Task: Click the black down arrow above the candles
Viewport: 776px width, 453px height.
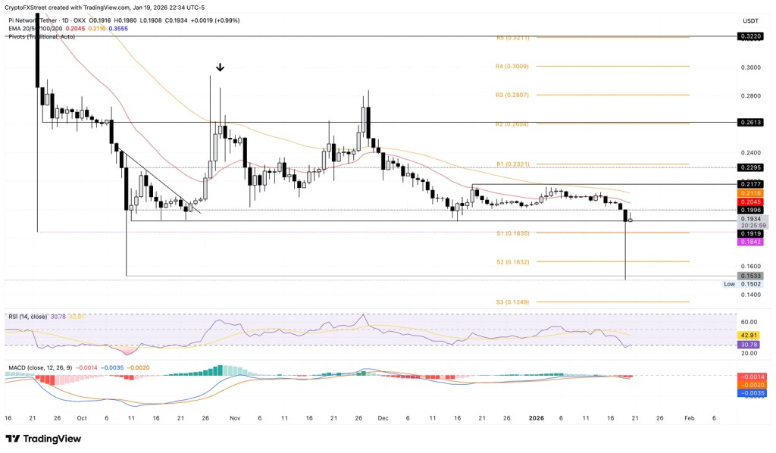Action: [x=220, y=67]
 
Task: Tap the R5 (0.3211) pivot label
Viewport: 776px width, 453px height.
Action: [x=512, y=37]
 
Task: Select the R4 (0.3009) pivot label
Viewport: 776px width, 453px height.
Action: [x=512, y=67]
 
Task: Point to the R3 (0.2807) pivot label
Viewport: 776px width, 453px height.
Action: [x=512, y=95]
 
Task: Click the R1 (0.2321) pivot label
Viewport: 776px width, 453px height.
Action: [x=512, y=164]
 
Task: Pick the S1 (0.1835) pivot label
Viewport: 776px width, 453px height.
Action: [x=512, y=233]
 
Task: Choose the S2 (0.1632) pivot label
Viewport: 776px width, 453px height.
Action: [x=512, y=262]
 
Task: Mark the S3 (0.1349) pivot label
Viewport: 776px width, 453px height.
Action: [x=512, y=302]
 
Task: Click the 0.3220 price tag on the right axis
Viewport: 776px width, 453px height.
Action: [x=751, y=36]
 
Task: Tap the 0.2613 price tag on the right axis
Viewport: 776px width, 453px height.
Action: [x=751, y=122]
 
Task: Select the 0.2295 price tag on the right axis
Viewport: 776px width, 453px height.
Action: [x=751, y=167]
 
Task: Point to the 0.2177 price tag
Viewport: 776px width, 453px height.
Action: [x=751, y=184]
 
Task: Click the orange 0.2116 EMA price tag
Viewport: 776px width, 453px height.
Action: [x=751, y=193]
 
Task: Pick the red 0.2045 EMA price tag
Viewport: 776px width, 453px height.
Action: [x=751, y=202]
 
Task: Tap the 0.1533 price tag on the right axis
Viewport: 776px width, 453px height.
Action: [x=751, y=276]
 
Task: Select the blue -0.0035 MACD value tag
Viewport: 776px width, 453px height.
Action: [x=751, y=393]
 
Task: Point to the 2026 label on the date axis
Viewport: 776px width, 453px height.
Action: [x=537, y=417]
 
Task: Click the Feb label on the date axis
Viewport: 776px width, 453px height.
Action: [x=688, y=417]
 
